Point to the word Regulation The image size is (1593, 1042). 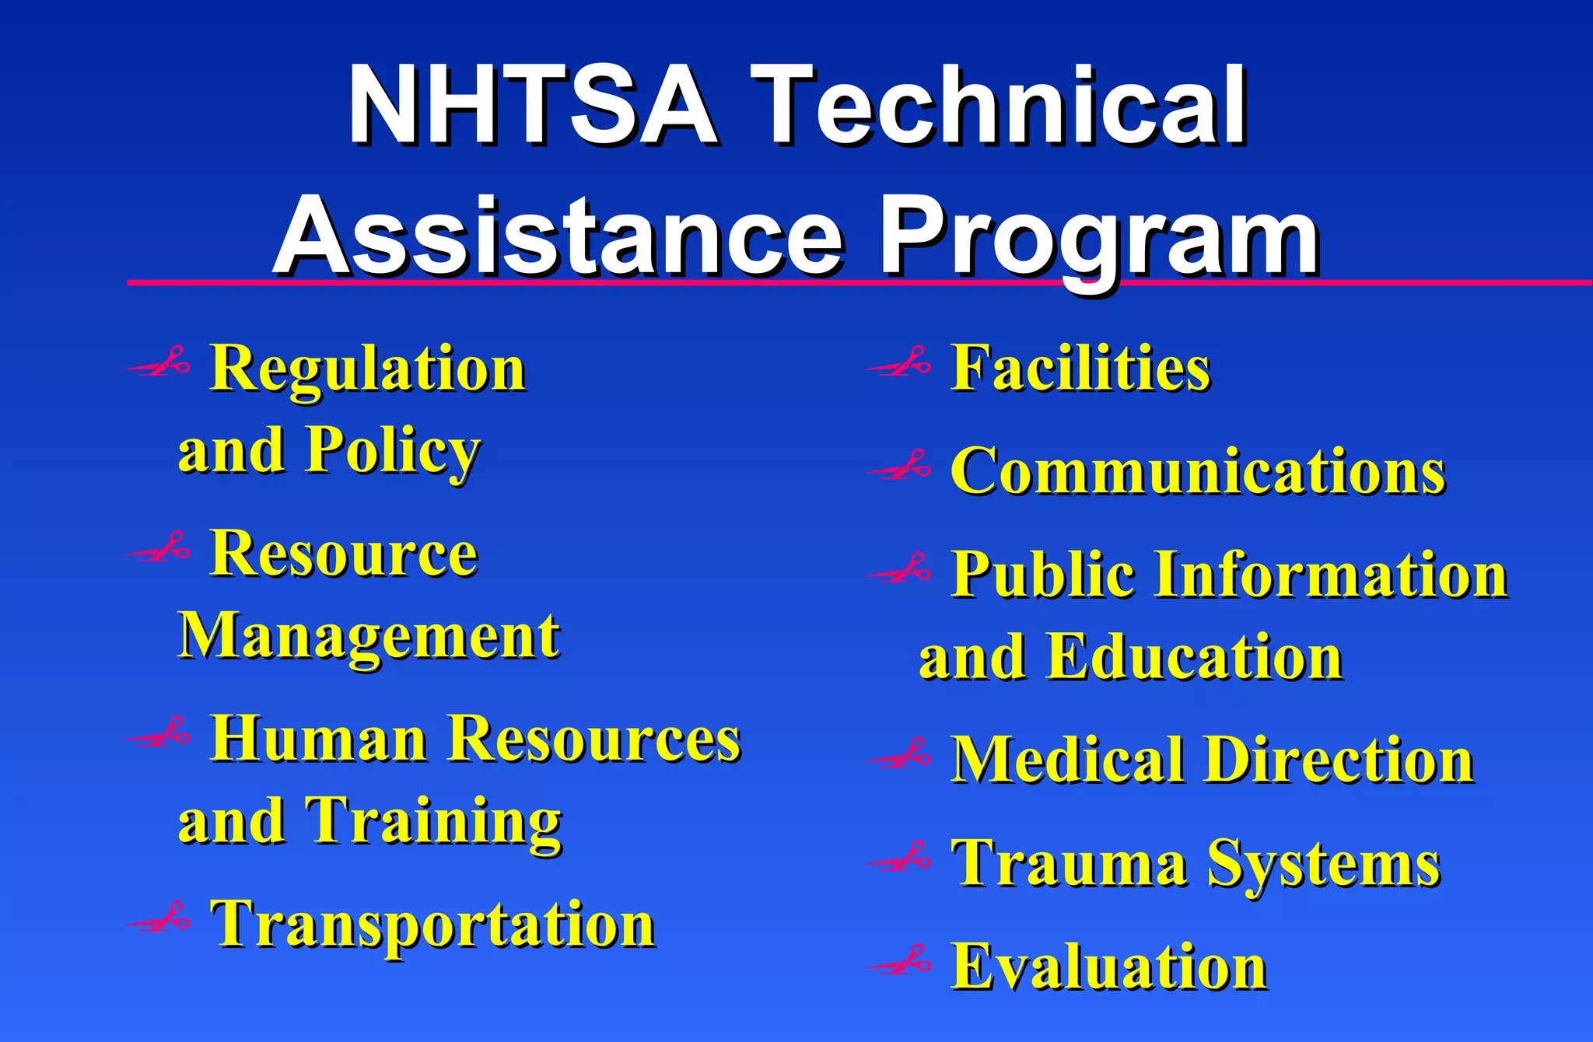click(x=368, y=369)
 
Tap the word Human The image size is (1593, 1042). click(x=319, y=739)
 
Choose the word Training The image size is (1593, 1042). click(x=432, y=823)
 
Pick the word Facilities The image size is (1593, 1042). click(x=1080, y=369)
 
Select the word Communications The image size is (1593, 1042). click(x=1198, y=472)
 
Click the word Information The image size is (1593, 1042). click(x=1331, y=575)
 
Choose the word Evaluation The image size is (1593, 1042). click(x=1109, y=967)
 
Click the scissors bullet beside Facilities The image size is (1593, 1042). click(x=899, y=362)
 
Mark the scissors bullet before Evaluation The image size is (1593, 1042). click(x=899, y=961)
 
